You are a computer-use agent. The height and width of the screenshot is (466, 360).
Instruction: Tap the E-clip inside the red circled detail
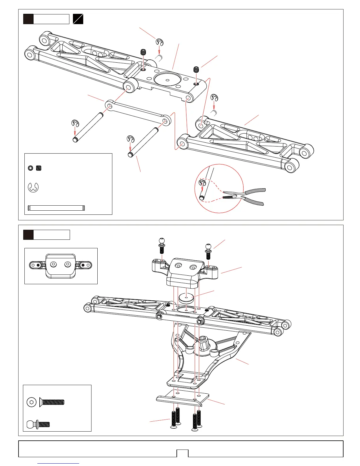(x=202, y=183)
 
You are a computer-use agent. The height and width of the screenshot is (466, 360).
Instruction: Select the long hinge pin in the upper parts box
(x=56, y=208)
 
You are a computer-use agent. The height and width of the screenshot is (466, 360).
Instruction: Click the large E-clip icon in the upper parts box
(x=33, y=187)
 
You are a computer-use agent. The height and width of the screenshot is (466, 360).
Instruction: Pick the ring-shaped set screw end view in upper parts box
(x=30, y=168)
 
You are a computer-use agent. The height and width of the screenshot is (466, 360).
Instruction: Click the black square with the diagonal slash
(x=78, y=19)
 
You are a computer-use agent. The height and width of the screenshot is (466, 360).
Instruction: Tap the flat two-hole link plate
(x=138, y=113)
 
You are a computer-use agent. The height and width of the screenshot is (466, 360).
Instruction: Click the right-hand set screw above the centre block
(x=196, y=70)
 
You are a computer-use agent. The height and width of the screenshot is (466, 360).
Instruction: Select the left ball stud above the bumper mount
(x=161, y=245)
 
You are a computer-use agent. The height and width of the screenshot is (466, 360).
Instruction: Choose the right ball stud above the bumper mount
(x=208, y=250)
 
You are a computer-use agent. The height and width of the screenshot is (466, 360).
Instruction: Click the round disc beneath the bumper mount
(x=186, y=297)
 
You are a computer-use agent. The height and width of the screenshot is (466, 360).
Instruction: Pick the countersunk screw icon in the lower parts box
(x=52, y=402)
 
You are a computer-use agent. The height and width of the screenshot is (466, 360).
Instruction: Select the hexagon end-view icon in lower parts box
(x=31, y=402)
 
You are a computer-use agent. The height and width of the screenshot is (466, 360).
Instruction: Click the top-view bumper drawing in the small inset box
(x=61, y=266)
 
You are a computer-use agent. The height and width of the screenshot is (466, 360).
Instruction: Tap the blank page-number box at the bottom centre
(x=182, y=453)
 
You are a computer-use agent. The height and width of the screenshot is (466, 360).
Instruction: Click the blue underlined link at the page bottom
(x=59, y=464)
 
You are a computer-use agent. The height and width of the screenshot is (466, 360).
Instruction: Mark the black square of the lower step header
(x=28, y=235)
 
